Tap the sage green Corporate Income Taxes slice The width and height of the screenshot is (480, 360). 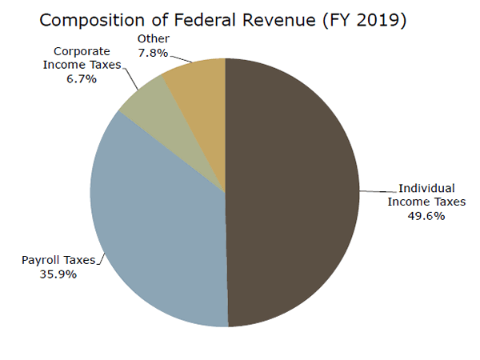[143, 101]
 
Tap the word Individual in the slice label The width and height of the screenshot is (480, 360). [422, 189]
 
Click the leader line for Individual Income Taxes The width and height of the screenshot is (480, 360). [377, 190]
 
